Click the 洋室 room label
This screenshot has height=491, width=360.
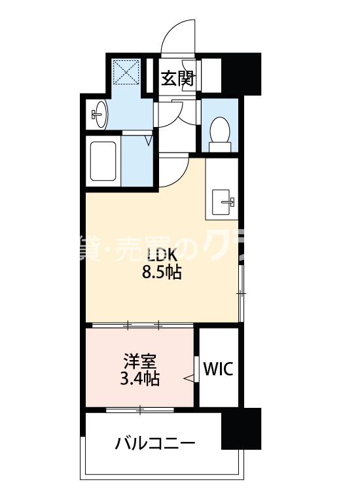point(140,361)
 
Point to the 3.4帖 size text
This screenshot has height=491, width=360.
point(140,378)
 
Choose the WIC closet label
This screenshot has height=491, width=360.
point(217,369)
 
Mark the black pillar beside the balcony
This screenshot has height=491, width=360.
point(241,428)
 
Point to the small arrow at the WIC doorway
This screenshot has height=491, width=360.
point(189,377)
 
